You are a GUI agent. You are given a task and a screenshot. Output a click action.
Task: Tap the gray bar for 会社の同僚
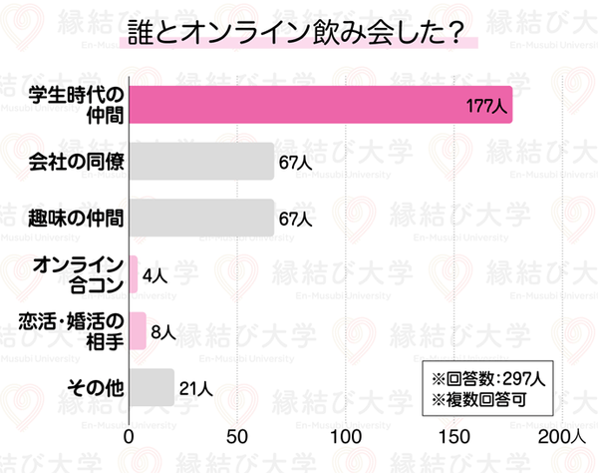tap(201, 162)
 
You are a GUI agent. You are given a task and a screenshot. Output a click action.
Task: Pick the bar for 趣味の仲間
tap(201, 218)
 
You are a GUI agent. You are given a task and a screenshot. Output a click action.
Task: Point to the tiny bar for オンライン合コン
tap(134, 274)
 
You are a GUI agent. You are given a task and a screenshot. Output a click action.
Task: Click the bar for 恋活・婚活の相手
tap(138, 331)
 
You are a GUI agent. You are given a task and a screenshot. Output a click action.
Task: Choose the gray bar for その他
tap(151, 387)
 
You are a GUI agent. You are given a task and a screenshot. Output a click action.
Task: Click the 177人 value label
tap(486, 105)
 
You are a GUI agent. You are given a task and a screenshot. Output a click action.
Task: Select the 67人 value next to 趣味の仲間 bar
tap(296, 219)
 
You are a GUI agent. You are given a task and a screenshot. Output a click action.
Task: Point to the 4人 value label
tap(154, 275)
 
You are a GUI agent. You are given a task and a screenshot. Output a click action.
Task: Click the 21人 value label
tap(195, 388)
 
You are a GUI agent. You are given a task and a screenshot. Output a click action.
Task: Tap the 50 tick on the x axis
tap(237, 436)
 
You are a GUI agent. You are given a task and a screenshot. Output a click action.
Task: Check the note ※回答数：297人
tap(487, 378)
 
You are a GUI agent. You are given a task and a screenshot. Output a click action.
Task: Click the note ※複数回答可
tap(477, 400)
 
